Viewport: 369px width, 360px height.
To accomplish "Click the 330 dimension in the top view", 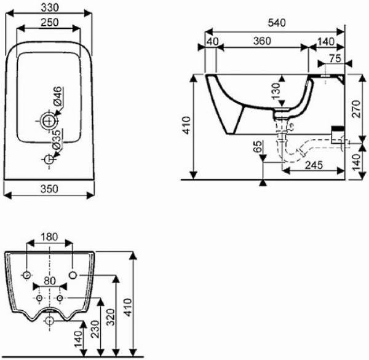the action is (50, 8).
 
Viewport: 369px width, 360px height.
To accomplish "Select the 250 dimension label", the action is (49, 23).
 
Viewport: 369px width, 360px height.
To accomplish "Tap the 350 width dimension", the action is (49, 189).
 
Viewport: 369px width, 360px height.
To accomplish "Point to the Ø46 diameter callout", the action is (58, 96).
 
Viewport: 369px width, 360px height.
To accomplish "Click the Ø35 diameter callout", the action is (57, 139).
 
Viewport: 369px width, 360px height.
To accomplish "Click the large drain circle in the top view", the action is (49, 121).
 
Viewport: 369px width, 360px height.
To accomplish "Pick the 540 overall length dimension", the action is (277, 23).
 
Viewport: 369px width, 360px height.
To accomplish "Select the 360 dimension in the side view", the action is (263, 41).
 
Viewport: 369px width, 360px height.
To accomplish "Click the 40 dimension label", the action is (213, 41).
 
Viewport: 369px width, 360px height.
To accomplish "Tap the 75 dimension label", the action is (335, 58).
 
